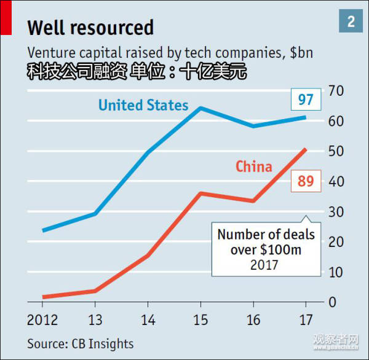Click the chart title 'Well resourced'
click(90, 28)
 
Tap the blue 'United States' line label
click(143, 105)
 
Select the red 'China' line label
click(253, 166)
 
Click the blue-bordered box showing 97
click(306, 99)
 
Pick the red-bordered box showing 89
click(306, 181)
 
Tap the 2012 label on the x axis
click(42, 320)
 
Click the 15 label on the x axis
click(200, 320)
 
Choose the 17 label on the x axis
click(306, 320)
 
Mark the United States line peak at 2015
click(200, 108)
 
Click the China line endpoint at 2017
click(306, 149)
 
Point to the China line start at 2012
click(43, 297)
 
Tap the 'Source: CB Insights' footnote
click(80, 343)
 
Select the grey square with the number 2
click(351, 22)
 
